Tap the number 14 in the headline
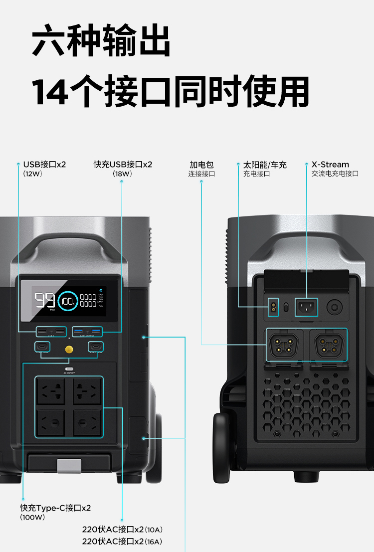click(x=50, y=92)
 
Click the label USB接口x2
click(x=44, y=165)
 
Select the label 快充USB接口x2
click(x=123, y=165)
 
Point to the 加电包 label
click(x=201, y=165)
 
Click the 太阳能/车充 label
click(x=265, y=165)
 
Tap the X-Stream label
click(x=330, y=165)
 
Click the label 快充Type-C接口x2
click(x=55, y=508)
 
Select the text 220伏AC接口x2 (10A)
click(x=123, y=529)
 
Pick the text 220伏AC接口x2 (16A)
click(x=123, y=541)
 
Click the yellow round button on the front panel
click(x=69, y=348)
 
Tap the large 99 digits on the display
click(x=44, y=300)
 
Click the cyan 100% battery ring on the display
click(x=67, y=301)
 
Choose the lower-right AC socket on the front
click(x=87, y=423)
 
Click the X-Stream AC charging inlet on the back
click(x=306, y=307)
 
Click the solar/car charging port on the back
click(x=272, y=307)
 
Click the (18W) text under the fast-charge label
click(x=122, y=174)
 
